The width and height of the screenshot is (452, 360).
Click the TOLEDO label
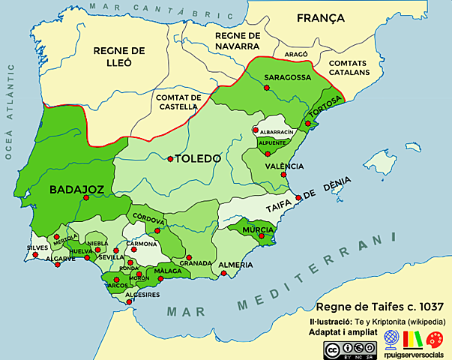pos(197,159)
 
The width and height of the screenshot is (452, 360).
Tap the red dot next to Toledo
pos(169,158)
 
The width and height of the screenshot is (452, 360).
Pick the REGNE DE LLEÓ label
pos(118,57)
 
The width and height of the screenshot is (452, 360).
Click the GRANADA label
pos(196,263)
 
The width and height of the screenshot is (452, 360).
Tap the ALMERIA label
pos(236,265)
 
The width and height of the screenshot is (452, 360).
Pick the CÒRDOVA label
pos(149,220)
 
